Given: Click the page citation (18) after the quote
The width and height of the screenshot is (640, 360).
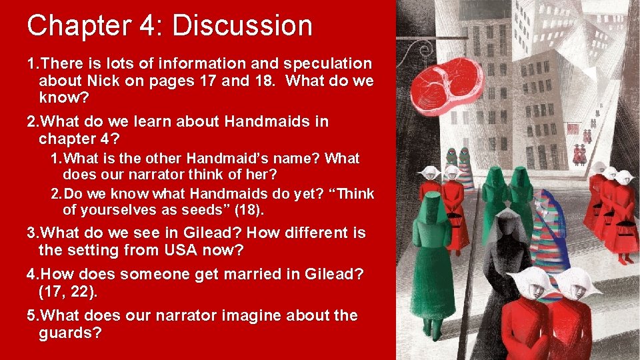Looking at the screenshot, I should tap(251, 211).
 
